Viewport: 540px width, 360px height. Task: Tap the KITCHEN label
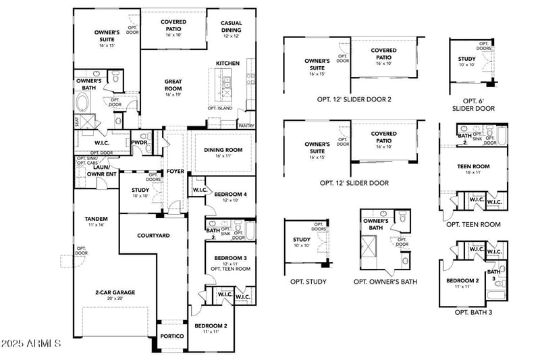click(x=227, y=63)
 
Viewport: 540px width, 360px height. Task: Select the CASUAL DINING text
click(x=231, y=26)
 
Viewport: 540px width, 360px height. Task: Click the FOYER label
click(x=175, y=171)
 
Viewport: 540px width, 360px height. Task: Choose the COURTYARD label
click(x=153, y=235)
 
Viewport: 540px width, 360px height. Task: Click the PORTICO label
click(x=171, y=336)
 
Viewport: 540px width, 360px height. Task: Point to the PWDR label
click(x=140, y=143)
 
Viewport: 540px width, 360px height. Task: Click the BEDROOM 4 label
click(x=231, y=194)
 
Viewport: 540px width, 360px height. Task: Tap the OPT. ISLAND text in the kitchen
click(x=220, y=108)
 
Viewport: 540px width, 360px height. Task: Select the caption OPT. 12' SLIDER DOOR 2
click(x=354, y=99)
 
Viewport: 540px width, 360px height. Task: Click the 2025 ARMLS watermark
click(x=32, y=344)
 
